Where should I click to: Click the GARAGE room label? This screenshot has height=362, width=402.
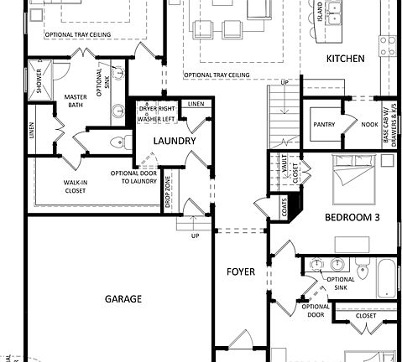123,299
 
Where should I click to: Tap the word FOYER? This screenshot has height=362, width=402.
240,271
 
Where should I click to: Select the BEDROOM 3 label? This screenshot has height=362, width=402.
352,217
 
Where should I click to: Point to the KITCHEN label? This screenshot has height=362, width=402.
345,59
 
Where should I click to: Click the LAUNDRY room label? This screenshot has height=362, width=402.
175,141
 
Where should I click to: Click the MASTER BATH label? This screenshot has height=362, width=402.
76,102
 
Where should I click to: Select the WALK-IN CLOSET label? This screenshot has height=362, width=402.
76,187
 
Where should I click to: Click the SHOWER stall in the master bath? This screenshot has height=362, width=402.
39,80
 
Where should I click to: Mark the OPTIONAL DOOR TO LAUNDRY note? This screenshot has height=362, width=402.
133,178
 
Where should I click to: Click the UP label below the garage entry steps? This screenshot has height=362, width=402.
195,235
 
